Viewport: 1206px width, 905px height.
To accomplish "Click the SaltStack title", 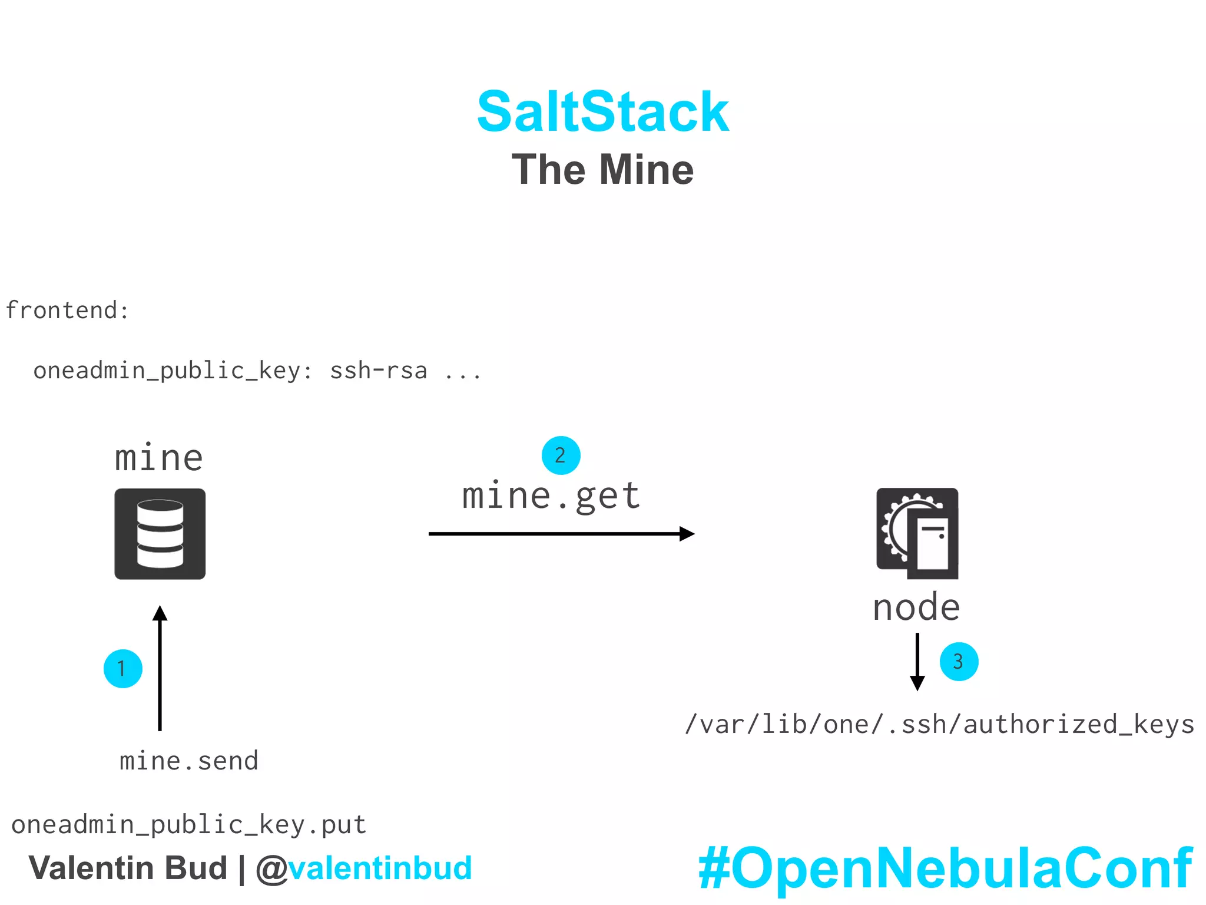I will [602, 112].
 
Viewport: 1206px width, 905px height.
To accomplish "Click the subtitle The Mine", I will [602, 170].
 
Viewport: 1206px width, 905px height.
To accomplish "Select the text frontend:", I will [67, 311].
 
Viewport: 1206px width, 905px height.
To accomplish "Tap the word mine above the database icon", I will [159, 458].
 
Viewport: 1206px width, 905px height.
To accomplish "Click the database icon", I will [160, 534].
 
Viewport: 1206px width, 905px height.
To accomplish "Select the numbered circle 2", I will [561, 455].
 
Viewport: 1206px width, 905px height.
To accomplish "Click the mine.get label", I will [551, 496].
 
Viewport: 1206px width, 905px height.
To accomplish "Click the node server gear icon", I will [917, 533].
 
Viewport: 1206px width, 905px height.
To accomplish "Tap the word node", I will [916, 607].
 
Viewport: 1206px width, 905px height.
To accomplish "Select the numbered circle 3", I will [959, 662].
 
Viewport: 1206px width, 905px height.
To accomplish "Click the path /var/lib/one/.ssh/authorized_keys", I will [940, 725].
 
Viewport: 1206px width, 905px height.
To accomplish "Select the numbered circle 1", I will [122, 669].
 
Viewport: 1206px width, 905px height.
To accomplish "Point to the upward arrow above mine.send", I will [160, 669].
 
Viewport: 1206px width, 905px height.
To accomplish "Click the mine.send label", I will [189, 761].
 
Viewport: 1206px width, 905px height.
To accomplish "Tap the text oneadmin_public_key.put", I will [189, 824].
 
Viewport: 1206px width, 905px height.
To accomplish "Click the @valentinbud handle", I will [365, 868].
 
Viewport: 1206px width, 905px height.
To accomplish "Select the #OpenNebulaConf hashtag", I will [945, 868].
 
